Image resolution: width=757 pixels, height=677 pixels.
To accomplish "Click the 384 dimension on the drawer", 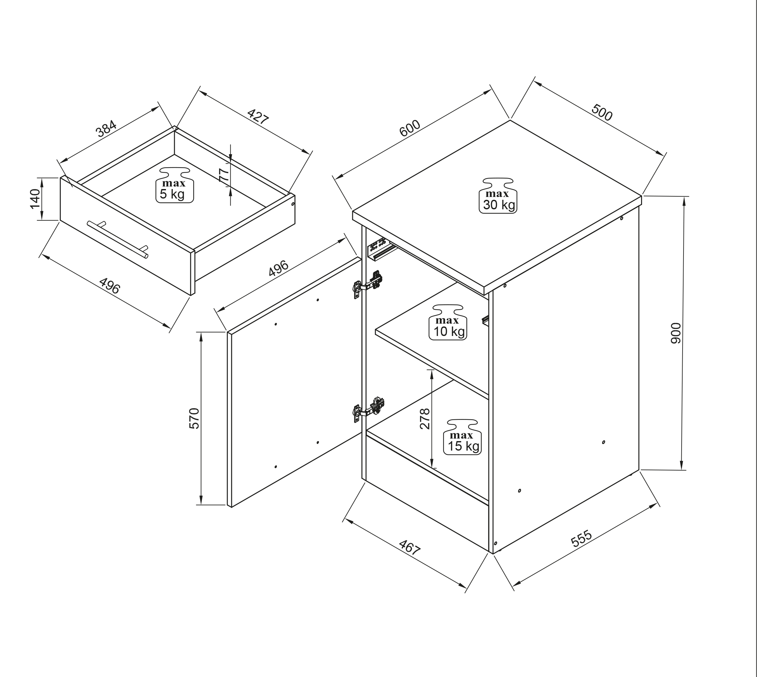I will tap(106, 129).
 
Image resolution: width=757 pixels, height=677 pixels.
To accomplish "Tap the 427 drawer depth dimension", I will tap(258, 117).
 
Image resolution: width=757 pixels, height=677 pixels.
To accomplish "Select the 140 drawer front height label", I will tap(35, 199).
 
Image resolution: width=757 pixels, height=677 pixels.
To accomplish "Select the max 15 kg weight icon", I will tap(462, 437).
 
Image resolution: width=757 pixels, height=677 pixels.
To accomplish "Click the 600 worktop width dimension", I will tap(410, 128).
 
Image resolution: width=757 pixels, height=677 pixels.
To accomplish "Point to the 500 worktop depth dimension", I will tap(601, 113).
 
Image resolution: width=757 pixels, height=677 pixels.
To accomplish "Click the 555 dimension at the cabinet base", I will tap(581, 538).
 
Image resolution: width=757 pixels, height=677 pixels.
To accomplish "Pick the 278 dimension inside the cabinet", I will tap(425, 419).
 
